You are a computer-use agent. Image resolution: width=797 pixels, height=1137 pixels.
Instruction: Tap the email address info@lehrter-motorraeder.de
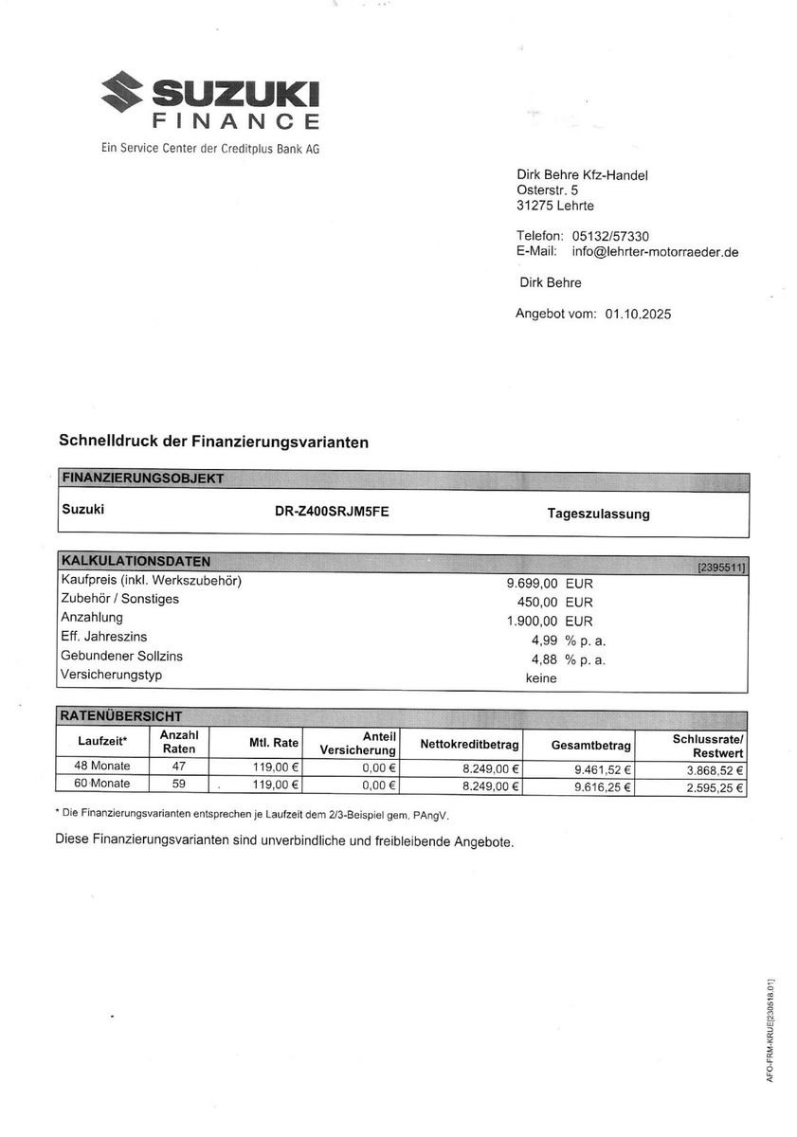pyautogui.click(x=655, y=252)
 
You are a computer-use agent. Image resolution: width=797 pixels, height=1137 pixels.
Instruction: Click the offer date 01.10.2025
pyautogui.click(x=637, y=314)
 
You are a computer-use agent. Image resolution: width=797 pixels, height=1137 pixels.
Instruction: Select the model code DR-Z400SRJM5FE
pyautogui.click(x=331, y=512)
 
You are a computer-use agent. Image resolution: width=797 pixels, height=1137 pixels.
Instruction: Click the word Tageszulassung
pyautogui.click(x=598, y=514)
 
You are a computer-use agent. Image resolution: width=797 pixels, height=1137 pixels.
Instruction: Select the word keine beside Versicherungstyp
pyautogui.click(x=541, y=677)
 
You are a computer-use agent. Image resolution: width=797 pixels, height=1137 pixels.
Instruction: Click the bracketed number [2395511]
pyautogui.click(x=721, y=567)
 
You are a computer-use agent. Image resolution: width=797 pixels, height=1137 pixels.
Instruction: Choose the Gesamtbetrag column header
pyautogui.click(x=590, y=746)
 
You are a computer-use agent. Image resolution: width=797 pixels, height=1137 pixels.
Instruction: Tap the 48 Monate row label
pyautogui.click(x=95, y=767)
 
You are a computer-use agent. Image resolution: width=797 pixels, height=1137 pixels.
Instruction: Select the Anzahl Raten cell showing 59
pyautogui.click(x=178, y=784)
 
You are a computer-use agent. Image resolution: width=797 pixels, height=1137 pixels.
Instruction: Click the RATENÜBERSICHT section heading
pyautogui.click(x=121, y=716)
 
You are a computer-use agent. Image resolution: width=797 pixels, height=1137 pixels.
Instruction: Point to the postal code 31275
pyautogui.click(x=534, y=206)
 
